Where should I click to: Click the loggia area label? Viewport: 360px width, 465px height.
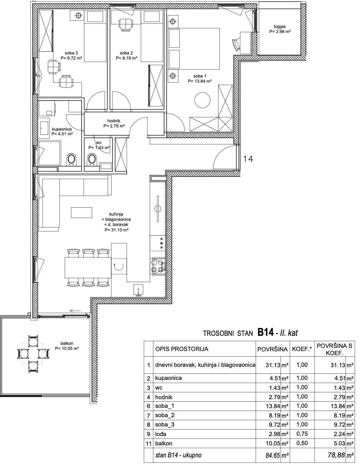[279, 29]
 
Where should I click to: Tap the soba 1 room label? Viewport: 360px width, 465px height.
[200, 79]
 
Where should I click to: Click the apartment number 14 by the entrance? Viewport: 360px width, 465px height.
[248, 159]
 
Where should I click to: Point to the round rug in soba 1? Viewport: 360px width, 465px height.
[202, 100]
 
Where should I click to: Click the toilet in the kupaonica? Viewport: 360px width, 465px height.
[71, 159]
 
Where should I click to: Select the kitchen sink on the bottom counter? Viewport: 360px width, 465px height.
[138, 290]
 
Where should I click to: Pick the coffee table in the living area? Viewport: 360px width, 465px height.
[82, 213]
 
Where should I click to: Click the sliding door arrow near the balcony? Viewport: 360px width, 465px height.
[75, 311]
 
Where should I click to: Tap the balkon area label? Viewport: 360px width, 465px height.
[67, 346]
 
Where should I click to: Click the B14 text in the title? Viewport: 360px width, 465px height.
[265, 332]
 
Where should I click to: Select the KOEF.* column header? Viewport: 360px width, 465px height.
[302, 349]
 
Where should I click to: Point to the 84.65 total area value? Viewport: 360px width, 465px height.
[273, 455]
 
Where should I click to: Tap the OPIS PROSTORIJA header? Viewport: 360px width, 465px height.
[182, 349]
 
